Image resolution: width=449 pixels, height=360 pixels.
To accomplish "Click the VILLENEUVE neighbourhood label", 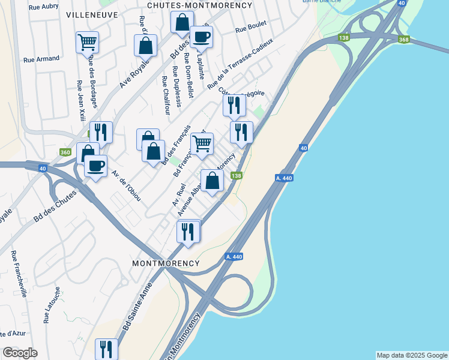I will (91, 13).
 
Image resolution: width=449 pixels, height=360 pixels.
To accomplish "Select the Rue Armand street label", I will (41, 59).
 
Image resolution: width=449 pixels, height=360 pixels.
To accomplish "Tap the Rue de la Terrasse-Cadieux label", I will (241, 64).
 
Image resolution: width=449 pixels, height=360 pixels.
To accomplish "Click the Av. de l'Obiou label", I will (126, 185).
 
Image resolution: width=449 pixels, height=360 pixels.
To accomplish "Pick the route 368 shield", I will (403, 40).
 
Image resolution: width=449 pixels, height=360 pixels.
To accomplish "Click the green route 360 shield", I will (65, 153).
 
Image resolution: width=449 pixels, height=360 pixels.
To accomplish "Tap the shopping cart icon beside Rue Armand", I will (87, 42).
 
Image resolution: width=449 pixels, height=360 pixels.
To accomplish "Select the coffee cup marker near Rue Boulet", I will (201, 37).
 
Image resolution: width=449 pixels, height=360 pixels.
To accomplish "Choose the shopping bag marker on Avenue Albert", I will (212, 181).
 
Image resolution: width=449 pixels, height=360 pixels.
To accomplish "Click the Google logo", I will (19, 353).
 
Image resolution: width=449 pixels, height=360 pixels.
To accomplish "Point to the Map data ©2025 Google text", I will (412, 355).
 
